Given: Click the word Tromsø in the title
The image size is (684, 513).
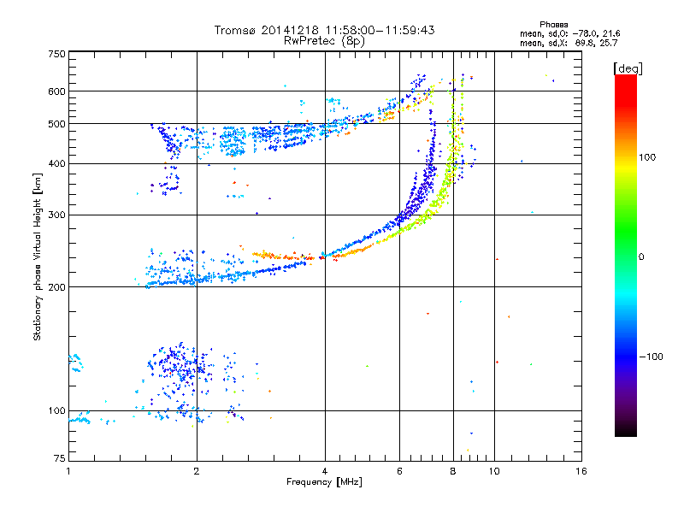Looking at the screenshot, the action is tap(235, 30).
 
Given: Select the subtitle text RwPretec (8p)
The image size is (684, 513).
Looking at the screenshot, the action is tap(324, 41).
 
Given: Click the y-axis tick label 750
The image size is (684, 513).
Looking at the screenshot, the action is tap(56, 54).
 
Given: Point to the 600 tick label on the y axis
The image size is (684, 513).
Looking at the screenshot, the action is tap(56, 91).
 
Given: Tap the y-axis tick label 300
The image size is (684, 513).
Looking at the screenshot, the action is tap(56, 215).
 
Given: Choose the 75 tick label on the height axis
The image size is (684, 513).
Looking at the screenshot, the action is tap(60, 458).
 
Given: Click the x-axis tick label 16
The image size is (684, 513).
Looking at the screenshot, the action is tap(581, 471).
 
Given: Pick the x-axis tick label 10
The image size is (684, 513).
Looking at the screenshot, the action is tap(494, 471).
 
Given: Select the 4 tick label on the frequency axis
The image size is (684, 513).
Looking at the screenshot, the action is tap(325, 471).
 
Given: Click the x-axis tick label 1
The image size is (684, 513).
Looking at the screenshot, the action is tap(68, 471).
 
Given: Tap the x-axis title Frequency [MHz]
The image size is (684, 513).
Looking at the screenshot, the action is tap(324, 482).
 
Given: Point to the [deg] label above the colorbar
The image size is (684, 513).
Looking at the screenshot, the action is tap(628, 68).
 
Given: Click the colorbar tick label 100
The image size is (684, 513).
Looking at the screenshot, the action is tap(647, 157).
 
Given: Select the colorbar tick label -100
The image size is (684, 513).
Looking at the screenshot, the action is tap(651, 357).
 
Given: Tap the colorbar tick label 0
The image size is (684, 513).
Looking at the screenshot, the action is tap(641, 256).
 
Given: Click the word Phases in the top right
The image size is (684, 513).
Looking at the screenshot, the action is tap(553, 25).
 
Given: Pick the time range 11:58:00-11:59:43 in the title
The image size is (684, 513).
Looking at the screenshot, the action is tap(380, 30).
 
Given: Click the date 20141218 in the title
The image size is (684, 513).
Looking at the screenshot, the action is tap(290, 30).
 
